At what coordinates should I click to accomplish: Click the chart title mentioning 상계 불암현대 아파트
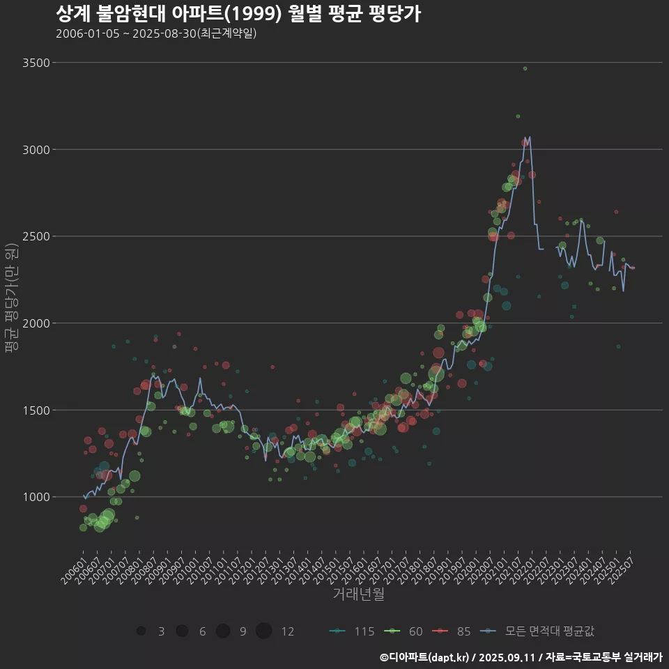coord(237,14)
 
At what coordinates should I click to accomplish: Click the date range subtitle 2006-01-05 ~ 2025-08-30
coord(156,33)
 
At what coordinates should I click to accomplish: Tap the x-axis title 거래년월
coord(358,594)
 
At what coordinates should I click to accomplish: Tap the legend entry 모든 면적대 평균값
coord(540,631)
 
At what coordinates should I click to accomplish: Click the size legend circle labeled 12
coord(263,631)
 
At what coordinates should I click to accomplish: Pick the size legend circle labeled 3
coord(141,631)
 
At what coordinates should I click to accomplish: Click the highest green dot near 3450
coord(525,68)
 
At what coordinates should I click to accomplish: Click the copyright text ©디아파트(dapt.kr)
coord(424,657)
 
